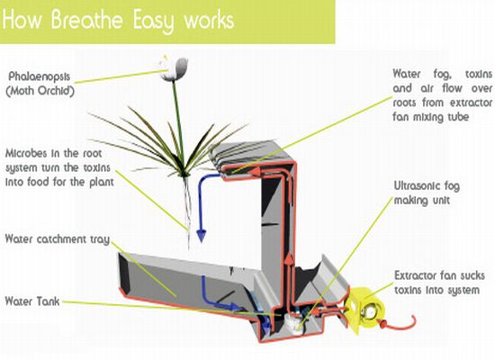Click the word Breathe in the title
point(86,20)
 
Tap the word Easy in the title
point(153,21)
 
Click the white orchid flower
point(174,68)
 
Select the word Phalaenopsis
point(39,76)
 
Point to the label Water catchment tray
point(57,239)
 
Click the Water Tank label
point(32,301)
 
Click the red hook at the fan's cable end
point(400,323)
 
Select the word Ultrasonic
point(417,186)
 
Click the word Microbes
point(26,154)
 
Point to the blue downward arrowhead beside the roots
point(202,236)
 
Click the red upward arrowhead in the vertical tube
point(289,259)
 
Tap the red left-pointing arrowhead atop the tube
point(256,172)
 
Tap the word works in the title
point(209,21)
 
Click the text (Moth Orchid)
point(40,91)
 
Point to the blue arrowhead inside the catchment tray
point(234,306)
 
